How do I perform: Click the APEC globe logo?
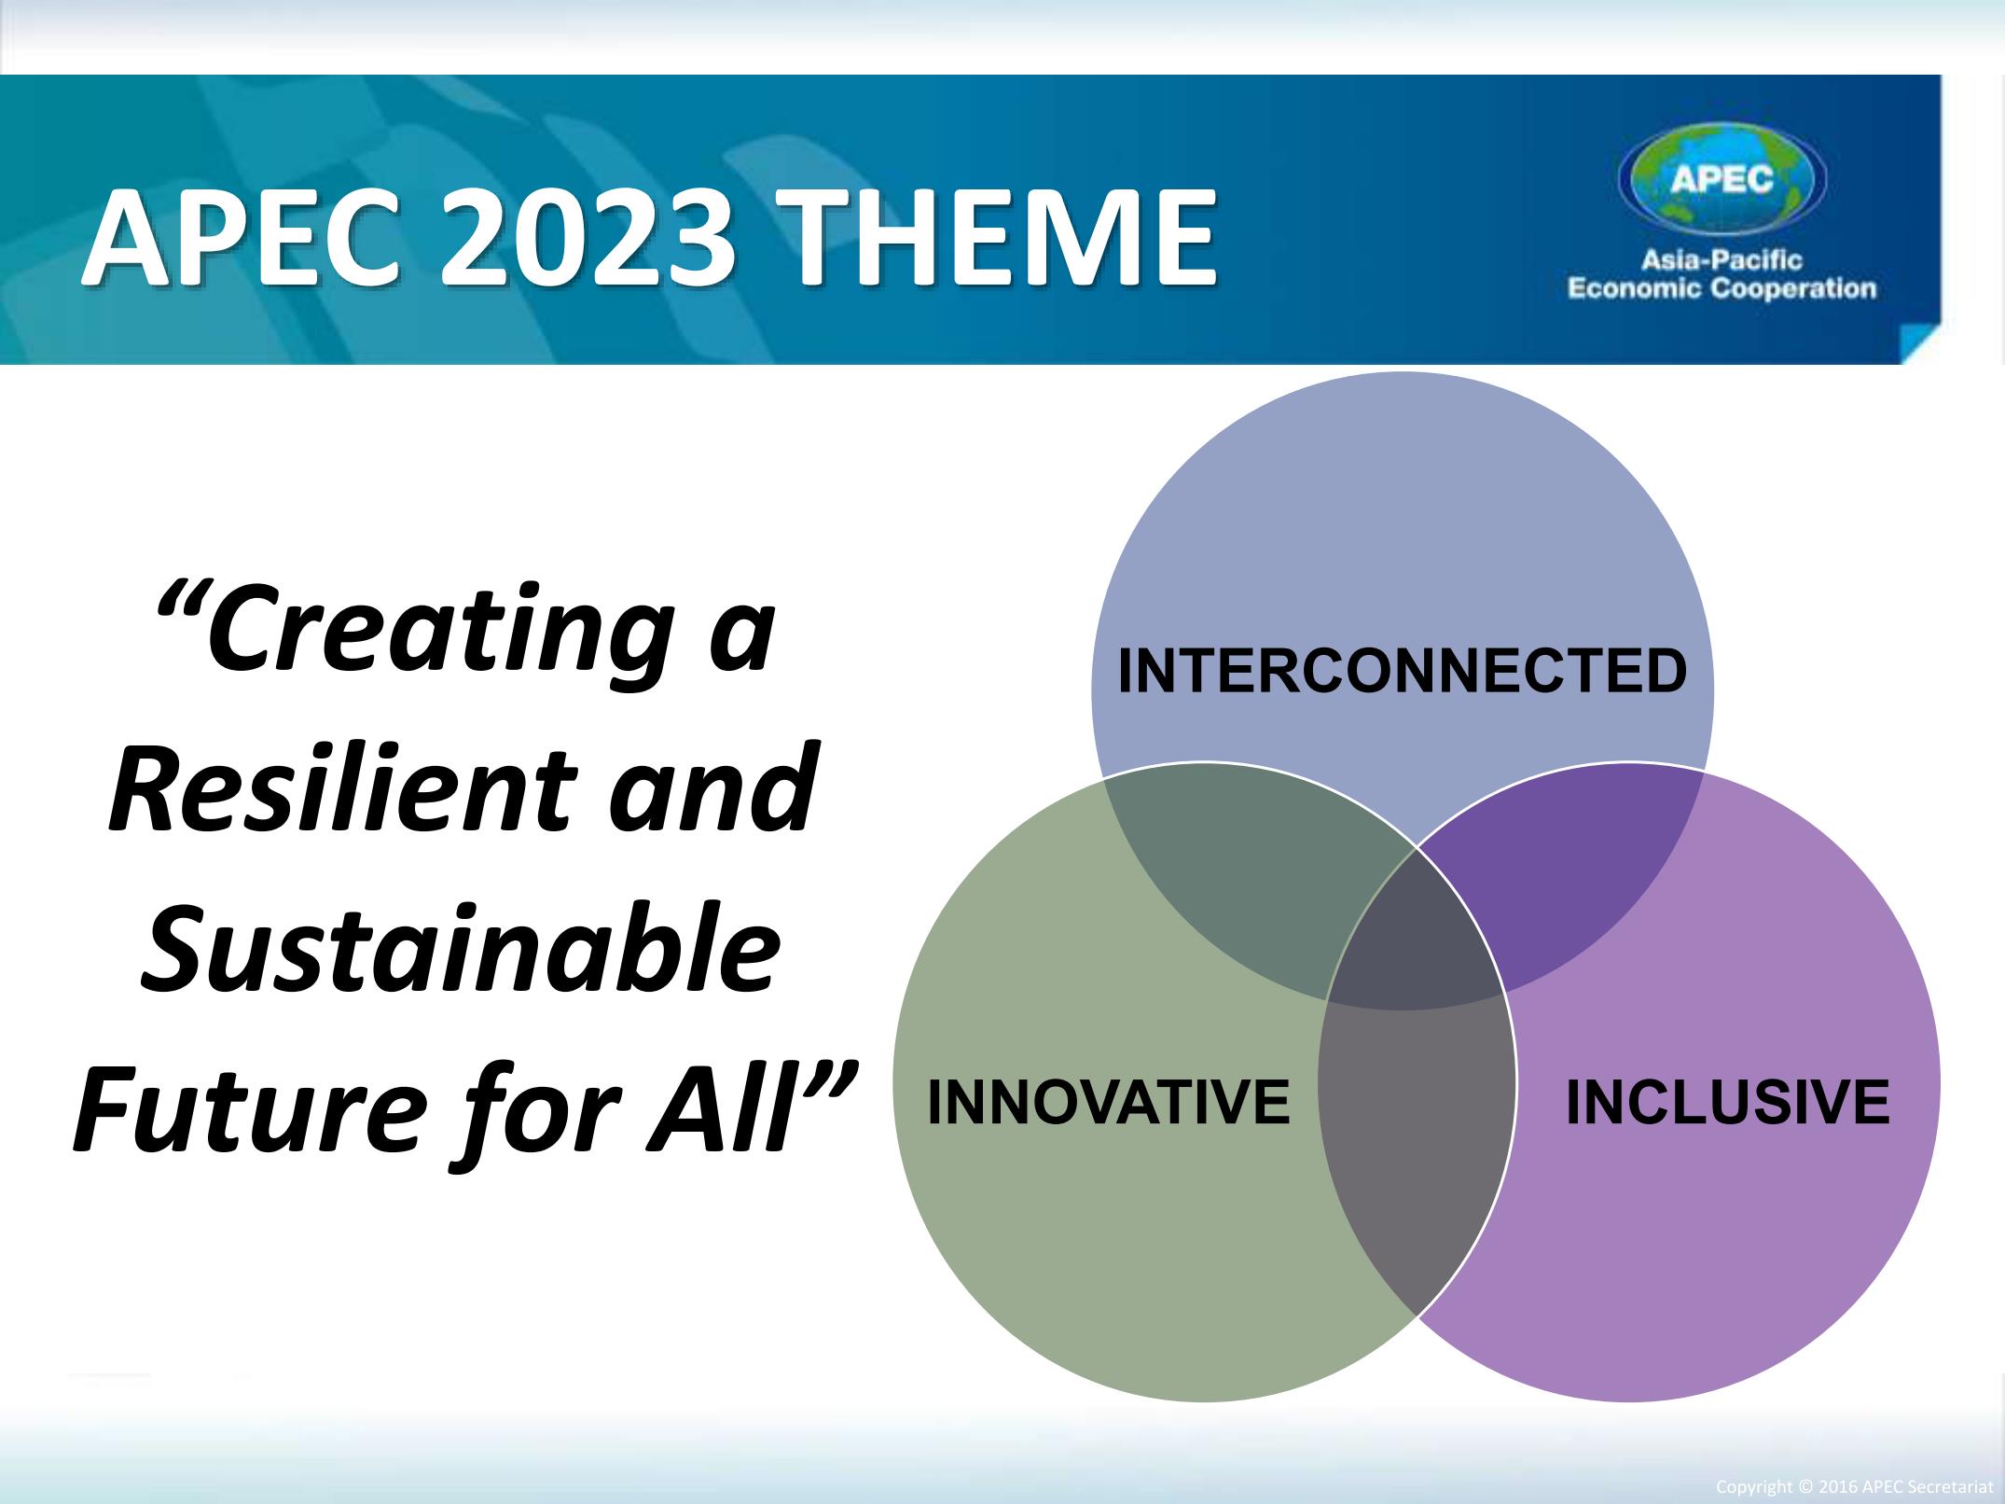(x=1722, y=180)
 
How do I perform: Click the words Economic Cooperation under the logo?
(x=1722, y=289)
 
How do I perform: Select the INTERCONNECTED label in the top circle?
(x=1402, y=672)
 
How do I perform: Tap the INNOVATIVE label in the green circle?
(x=1108, y=1102)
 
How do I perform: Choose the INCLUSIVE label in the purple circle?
(x=1727, y=1102)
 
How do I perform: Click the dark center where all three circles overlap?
(x=1415, y=942)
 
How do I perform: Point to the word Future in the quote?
(x=243, y=1108)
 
